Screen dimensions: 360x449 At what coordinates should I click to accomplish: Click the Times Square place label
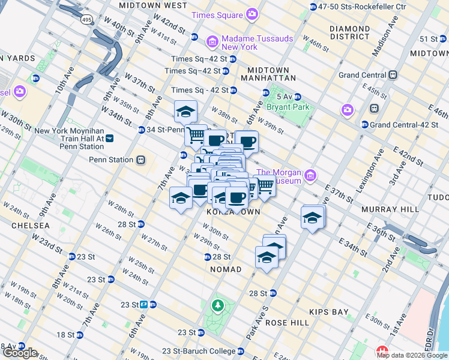click(x=215, y=14)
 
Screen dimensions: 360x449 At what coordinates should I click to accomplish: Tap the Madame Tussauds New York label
click(x=257, y=43)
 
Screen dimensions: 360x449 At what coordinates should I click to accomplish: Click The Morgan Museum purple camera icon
click(x=310, y=176)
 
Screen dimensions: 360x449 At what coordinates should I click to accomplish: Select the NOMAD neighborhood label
click(x=226, y=269)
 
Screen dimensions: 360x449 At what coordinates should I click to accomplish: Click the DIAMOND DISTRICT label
click(x=349, y=32)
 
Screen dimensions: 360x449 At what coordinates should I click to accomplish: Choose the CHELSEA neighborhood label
click(x=30, y=226)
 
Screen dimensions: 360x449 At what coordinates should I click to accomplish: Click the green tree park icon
click(x=217, y=307)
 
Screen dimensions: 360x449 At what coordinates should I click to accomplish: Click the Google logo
click(x=19, y=353)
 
